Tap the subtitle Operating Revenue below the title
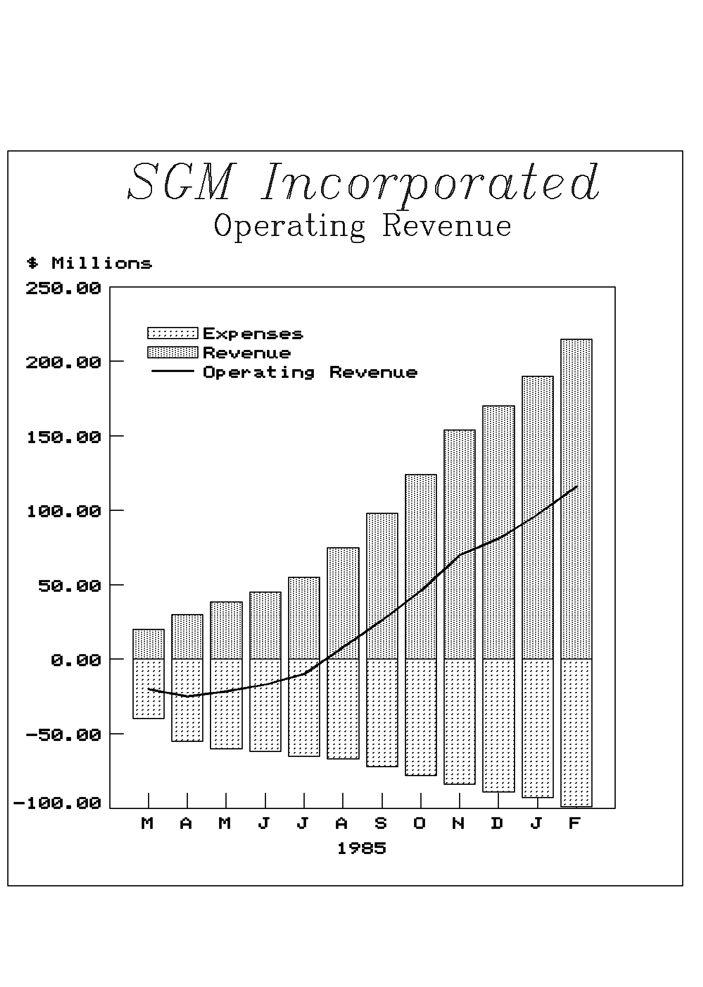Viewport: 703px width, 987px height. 362,226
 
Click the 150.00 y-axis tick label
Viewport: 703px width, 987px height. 64,437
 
